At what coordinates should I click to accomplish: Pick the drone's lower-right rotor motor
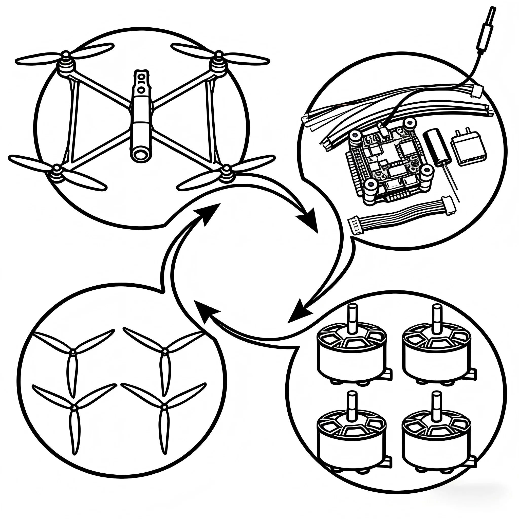click(x=227, y=173)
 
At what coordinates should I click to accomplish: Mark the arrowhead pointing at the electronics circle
click(x=309, y=219)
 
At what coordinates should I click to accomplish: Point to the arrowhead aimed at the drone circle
click(x=210, y=212)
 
